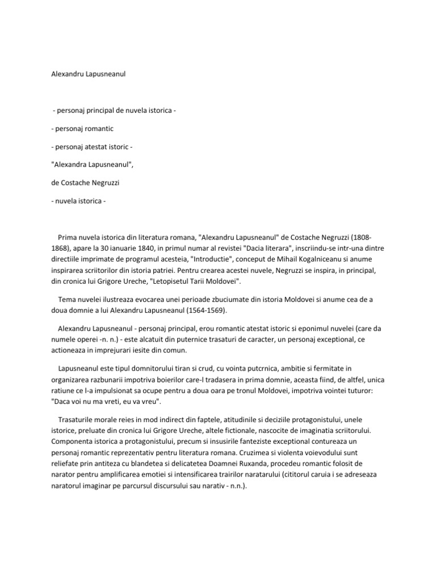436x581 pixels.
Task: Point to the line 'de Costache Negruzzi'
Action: pyautogui.click(x=86, y=184)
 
